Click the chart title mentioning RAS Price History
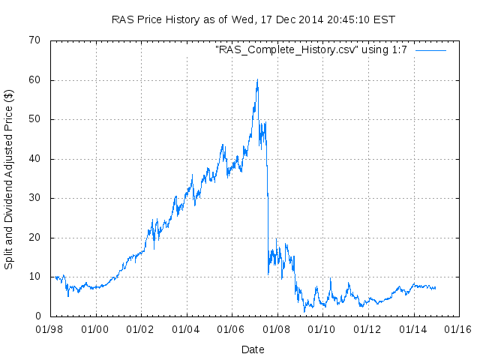tap(253, 19)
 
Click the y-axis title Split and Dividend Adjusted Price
tap(9, 179)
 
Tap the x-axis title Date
tap(253, 349)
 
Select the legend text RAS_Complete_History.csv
tap(312, 50)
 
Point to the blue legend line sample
tap(430, 50)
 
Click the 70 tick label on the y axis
tap(35, 40)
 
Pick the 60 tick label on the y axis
tap(35, 80)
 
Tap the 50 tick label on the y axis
tap(35, 119)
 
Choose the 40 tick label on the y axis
tap(35, 159)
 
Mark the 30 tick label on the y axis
tap(35, 198)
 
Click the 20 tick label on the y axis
tap(35, 238)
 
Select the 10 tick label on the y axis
tap(35, 277)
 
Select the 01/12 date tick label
tap(367, 329)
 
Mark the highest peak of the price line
tap(257, 79)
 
